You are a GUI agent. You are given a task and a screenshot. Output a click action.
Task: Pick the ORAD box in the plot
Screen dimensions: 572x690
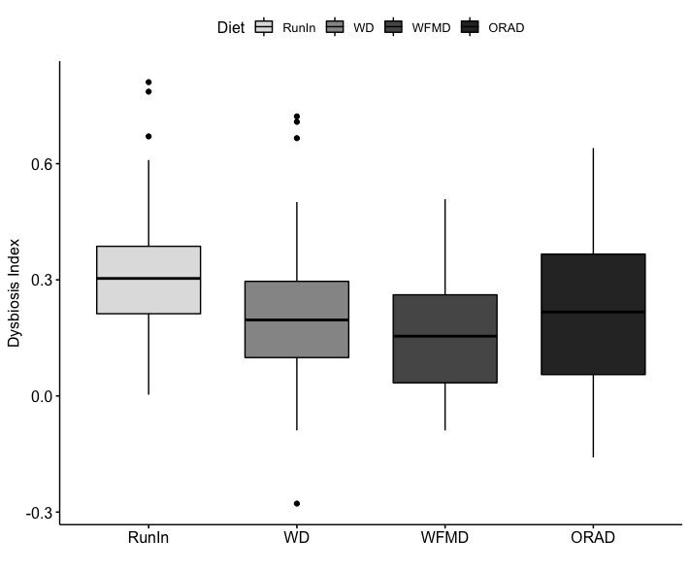click(593, 282)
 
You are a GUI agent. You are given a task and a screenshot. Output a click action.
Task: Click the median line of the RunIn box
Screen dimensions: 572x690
click(148, 279)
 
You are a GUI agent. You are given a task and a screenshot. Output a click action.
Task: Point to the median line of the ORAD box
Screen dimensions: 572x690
click(593, 312)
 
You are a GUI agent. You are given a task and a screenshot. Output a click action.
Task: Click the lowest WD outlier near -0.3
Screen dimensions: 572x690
click(297, 503)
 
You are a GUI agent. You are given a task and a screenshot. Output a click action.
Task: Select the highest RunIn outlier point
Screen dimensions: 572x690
click(148, 82)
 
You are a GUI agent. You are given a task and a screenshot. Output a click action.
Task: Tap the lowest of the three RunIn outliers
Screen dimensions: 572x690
click(148, 136)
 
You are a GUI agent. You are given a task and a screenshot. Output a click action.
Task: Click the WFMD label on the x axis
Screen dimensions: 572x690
click(445, 537)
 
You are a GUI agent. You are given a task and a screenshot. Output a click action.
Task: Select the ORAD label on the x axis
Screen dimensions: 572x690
click(593, 537)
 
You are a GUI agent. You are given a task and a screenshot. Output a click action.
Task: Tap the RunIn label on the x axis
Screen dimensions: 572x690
click(148, 537)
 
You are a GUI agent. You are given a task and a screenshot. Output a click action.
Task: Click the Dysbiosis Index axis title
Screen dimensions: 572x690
click(15, 292)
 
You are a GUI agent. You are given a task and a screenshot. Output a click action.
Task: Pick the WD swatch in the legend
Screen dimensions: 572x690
click(336, 27)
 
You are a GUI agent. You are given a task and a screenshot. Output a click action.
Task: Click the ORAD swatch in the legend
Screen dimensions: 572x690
click(471, 27)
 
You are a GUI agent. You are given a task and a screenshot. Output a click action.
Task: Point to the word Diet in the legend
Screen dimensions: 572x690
click(231, 28)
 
